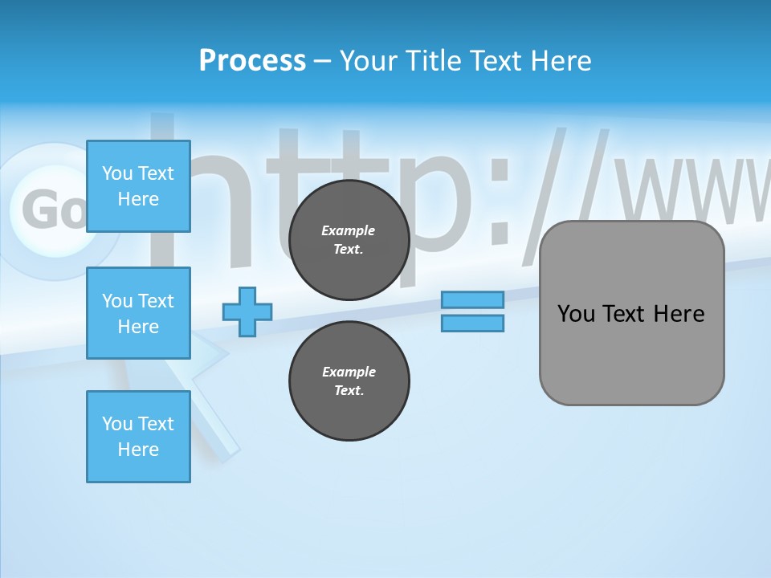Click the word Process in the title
click(252, 61)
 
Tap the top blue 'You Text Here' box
click(138, 186)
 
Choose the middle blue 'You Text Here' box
click(138, 313)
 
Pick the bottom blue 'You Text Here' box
click(138, 437)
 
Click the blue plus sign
click(247, 311)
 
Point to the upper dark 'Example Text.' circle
click(349, 240)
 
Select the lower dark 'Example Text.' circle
click(349, 381)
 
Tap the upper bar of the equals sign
click(473, 299)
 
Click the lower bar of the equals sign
click(473, 323)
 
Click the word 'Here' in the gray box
click(679, 314)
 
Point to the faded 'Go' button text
click(53, 210)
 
